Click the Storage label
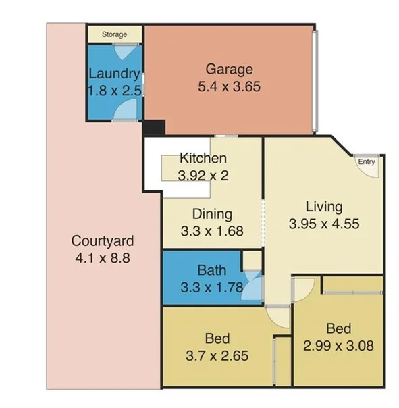(114, 34)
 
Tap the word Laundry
(114, 74)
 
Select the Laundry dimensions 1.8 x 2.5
(114, 89)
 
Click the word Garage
(230, 70)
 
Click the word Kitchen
(202, 159)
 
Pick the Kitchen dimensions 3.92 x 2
(202, 175)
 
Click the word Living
(324, 207)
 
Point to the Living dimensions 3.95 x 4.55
(324, 223)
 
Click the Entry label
(367, 162)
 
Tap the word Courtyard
(103, 240)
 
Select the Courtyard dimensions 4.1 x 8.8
(103, 257)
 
